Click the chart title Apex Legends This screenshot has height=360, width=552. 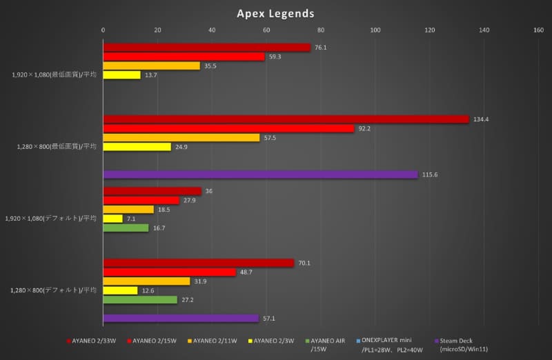click(275, 13)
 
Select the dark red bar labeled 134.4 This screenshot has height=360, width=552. click(286, 119)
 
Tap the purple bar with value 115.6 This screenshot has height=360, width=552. click(260, 174)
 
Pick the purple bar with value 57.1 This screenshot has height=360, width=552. click(181, 318)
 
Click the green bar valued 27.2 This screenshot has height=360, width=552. click(140, 300)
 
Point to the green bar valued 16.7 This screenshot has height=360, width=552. click(126, 228)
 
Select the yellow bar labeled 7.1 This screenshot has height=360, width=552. click(112, 219)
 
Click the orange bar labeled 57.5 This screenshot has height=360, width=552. click(181, 138)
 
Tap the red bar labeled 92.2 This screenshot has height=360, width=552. click(228, 128)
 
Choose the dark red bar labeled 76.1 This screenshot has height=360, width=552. click(207, 48)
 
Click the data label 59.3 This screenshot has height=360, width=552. click(275, 57)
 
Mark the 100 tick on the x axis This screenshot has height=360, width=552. click(375, 30)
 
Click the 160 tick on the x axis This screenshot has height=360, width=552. click(538, 30)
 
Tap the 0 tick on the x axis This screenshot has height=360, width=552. click(103, 30)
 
